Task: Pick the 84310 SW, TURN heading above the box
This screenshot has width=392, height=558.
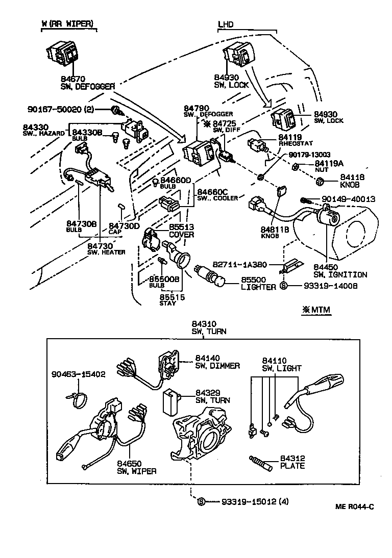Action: (x=209, y=327)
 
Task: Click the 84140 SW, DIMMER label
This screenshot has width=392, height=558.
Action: (x=217, y=362)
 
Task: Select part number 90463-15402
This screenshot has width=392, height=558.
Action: (x=78, y=374)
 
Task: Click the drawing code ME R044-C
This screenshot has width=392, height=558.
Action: (x=354, y=506)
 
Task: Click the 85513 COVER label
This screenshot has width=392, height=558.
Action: (x=181, y=231)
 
